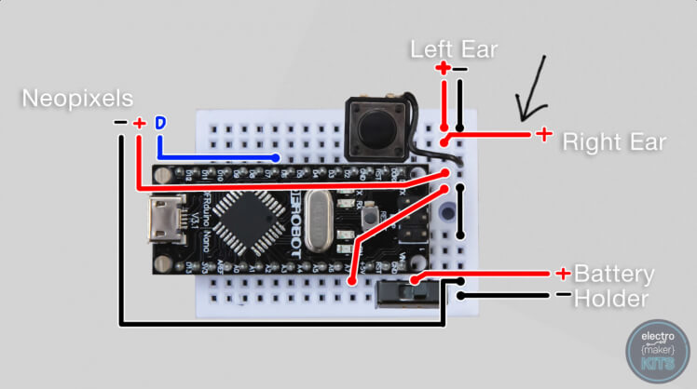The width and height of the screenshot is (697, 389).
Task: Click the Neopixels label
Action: point(78,98)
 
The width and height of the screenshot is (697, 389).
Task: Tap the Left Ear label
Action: point(455,48)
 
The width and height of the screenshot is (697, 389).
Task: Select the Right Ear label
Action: point(614,142)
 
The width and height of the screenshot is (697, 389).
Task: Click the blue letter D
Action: point(160,123)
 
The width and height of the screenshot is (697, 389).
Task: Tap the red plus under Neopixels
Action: point(139,123)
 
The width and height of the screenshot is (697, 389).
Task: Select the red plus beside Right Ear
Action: point(542,135)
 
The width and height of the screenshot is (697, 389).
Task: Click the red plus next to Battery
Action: point(563,274)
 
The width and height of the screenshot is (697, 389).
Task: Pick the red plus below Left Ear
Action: point(444,69)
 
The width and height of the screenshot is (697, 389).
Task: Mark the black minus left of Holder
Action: point(562,296)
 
